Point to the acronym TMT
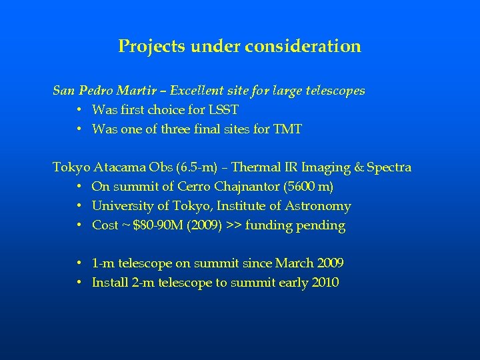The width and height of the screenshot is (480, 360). click(287, 129)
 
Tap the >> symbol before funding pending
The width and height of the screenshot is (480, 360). click(234, 225)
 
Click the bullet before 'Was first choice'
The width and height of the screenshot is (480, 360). click(79, 109)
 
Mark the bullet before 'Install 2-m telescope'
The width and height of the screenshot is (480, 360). click(79, 283)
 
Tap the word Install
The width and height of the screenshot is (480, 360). click(109, 283)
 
